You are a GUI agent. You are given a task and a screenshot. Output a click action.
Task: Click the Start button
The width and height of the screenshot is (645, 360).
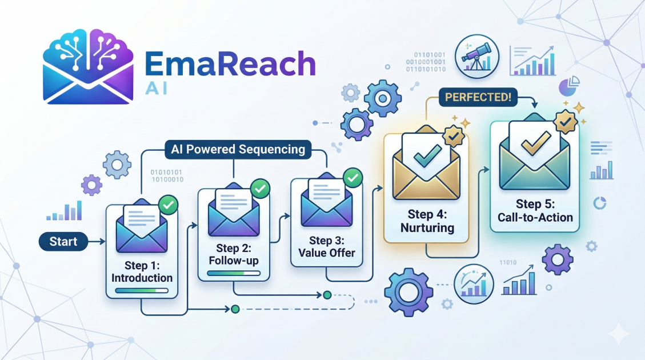63,242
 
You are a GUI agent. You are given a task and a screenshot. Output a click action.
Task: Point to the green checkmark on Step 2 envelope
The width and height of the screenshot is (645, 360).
261,187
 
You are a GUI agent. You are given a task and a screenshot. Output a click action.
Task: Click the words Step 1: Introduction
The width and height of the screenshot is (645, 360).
142,272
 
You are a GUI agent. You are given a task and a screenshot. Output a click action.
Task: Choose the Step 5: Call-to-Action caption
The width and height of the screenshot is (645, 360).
535,211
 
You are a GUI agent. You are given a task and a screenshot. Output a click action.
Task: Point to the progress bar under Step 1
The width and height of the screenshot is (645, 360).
142,291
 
